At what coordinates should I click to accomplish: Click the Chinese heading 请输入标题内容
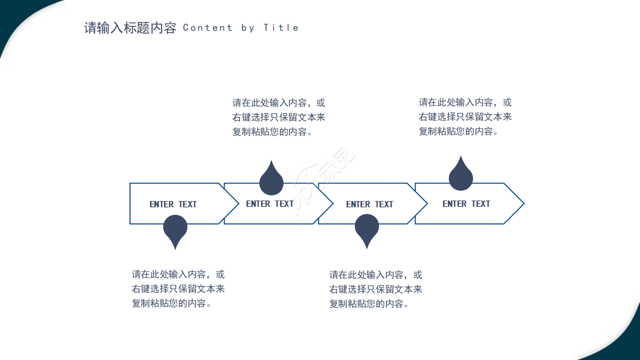click(130, 28)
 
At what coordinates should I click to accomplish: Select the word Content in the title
click(207, 28)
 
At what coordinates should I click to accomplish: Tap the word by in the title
click(248, 28)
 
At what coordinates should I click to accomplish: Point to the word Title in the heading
click(281, 28)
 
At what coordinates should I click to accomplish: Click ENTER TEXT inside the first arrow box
click(173, 204)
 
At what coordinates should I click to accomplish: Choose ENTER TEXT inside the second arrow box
click(269, 203)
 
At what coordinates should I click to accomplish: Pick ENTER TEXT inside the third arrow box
click(369, 204)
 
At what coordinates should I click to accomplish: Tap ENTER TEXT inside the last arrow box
click(466, 203)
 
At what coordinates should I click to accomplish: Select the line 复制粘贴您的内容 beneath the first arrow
click(172, 303)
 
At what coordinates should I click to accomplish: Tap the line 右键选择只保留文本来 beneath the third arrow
click(375, 289)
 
